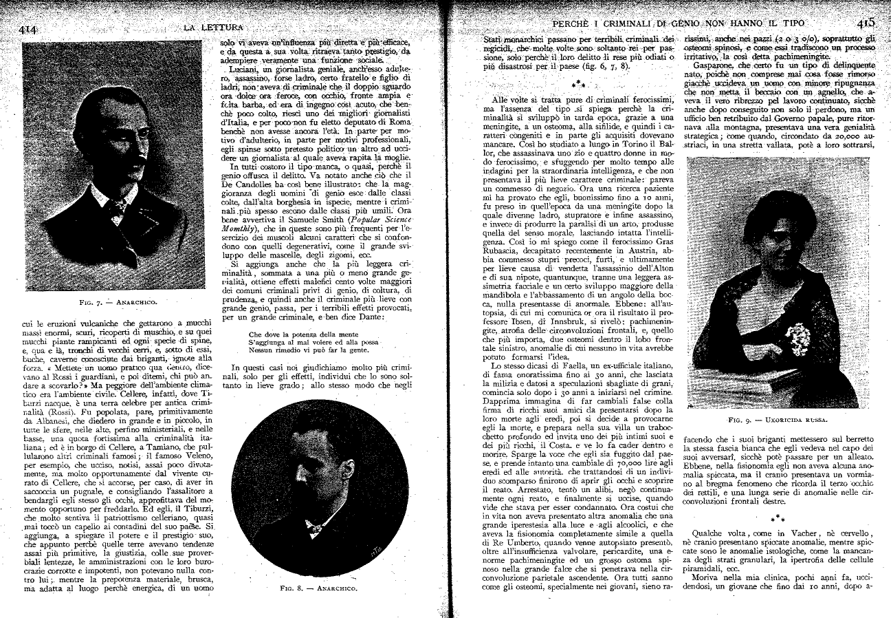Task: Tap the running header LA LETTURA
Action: coord(213,28)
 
